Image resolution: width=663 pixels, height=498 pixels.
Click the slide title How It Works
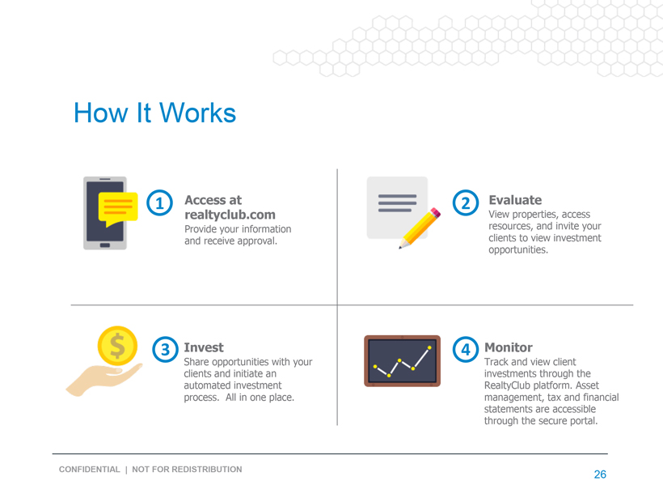(x=154, y=113)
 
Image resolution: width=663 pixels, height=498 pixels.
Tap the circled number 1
(x=159, y=202)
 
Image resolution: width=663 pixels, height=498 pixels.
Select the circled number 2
(x=466, y=202)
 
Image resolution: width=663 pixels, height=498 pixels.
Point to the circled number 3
(x=165, y=349)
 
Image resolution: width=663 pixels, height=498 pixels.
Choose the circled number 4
(x=466, y=349)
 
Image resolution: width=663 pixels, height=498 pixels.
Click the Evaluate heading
(x=515, y=200)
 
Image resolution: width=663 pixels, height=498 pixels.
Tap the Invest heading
(x=204, y=347)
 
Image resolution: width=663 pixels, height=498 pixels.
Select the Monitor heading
(x=509, y=347)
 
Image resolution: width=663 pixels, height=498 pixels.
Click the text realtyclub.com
(x=230, y=215)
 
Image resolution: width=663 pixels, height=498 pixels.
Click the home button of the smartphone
(x=105, y=245)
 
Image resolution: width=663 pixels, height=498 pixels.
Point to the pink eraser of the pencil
(x=436, y=213)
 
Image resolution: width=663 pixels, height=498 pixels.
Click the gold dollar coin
(x=117, y=346)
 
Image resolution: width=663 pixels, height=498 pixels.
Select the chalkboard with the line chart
(x=402, y=361)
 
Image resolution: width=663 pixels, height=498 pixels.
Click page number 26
(x=600, y=475)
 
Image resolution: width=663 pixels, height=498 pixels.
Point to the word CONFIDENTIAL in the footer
(x=90, y=469)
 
